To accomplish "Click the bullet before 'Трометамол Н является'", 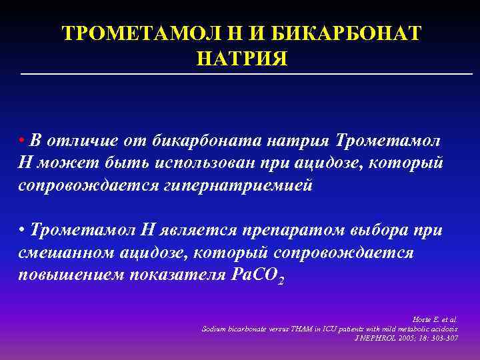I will (x=22, y=230).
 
